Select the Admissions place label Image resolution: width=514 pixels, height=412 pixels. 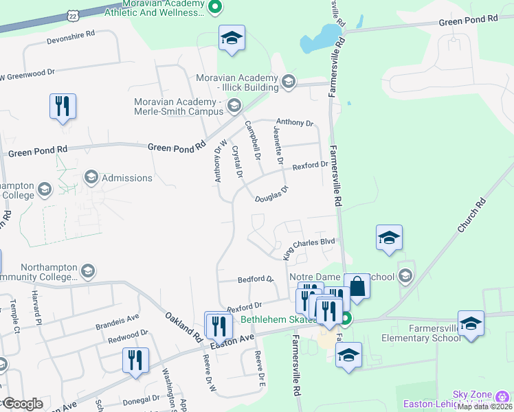click(x=126, y=178)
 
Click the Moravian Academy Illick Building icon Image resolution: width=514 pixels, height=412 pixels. click(x=288, y=82)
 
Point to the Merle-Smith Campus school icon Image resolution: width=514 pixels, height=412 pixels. click(x=234, y=105)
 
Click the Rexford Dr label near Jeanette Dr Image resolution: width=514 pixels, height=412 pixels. click(x=310, y=165)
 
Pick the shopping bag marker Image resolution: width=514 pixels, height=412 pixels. click(x=357, y=284)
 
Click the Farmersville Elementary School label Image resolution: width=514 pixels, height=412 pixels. click(x=426, y=332)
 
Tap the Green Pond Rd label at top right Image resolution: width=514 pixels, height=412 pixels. click(x=467, y=21)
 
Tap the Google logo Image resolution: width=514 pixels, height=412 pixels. click(x=22, y=404)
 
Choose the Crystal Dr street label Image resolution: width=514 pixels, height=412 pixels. click(x=238, y=162)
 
